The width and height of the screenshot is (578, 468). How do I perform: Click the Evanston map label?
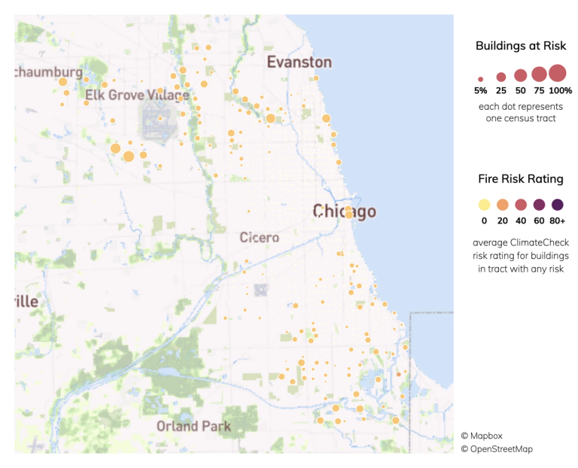[300, 62]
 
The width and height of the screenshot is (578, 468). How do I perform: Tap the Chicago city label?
[344, 212]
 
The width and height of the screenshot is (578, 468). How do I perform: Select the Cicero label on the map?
[260, 238]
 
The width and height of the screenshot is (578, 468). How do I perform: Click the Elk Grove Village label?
[137, 96]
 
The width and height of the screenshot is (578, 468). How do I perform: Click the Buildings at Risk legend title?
[521, 46]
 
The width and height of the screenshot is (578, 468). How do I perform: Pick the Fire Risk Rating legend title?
[521, 179]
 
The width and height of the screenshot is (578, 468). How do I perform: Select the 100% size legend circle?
[557, 73]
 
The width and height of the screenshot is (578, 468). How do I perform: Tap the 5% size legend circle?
[481, 78]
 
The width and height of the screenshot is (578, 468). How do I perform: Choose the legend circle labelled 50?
[520, 75]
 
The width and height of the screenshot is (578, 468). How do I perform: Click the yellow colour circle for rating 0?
[484, 205]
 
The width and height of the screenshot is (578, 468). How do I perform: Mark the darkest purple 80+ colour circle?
[557, 205]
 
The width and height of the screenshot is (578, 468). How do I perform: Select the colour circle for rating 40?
[521, 205]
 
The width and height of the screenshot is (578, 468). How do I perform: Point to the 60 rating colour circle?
[539, 205]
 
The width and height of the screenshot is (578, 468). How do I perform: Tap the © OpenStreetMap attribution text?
[507, 449]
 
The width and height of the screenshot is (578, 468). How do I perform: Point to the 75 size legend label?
[539, 91]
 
